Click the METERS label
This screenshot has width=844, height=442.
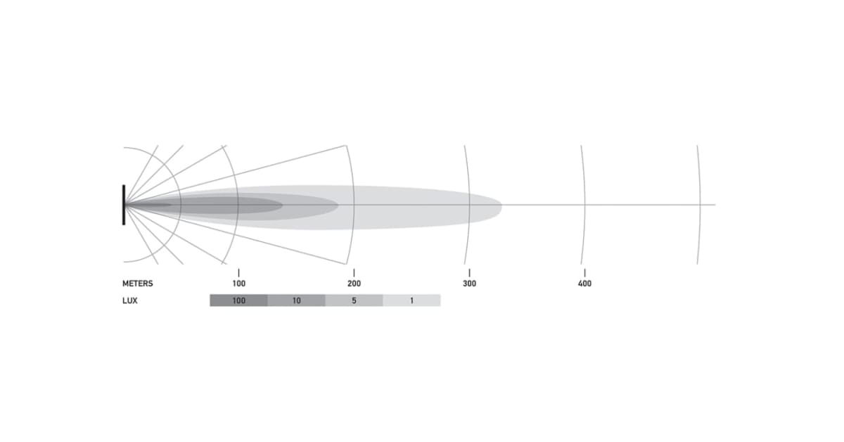click(138, 283)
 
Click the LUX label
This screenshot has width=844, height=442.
click(129, 301)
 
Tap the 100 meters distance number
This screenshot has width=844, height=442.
click(239, 283)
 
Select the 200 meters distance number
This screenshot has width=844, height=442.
click(354, 283)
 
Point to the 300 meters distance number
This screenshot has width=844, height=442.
click(470, 283)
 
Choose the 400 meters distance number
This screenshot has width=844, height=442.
click(584, 283)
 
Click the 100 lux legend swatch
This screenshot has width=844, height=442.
click(238, 301)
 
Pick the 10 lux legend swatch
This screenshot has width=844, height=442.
click(297, 301)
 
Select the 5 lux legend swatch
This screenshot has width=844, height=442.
click(354, 301)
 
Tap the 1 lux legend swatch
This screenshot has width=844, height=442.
click(412, 301)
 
